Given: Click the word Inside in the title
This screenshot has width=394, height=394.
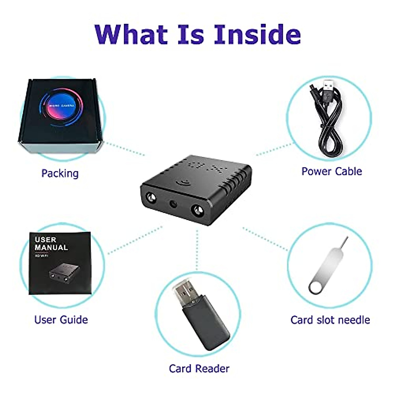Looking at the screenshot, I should pyautogui.click(x=257, y=34).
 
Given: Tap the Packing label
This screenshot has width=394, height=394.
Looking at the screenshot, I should pyautogui.click(x=60, y=173).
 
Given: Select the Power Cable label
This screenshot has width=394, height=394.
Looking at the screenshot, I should pyautogui.click(x=332, y=171).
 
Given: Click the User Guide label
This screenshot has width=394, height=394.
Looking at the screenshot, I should pyautogui.click(x=61, y=319).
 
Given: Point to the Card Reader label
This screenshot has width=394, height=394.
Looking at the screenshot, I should pyautogui.click(x=199, y=368).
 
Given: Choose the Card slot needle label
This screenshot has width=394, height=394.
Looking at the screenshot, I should pyautogui.click(x=330, y=319).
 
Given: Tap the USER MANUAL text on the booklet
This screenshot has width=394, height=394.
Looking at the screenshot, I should pyautogui.click(x=51, y=244).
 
